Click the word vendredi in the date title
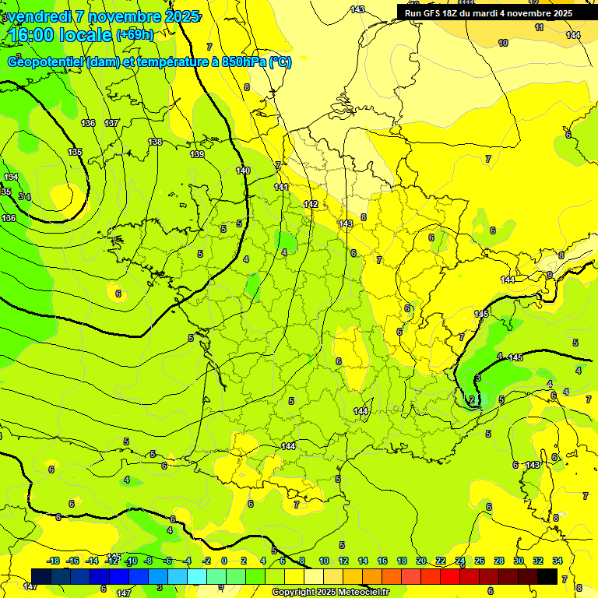[x=39, y=16]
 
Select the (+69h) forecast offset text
[x=135, y=35]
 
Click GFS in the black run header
[x=435, y=13]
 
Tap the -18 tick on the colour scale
[x=54, y=561]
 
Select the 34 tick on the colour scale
[x=558, y=561]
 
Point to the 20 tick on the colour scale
[x=421, y=561]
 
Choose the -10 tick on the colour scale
[x=131, y=561]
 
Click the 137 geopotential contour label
[x=111, y=123]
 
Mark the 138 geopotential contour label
[x=155, y=142]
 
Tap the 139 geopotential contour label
[x=197, y=155]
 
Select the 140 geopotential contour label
[x=243, y=171]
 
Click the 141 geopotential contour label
[x=281, y=188]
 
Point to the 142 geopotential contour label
[x=311, y=204]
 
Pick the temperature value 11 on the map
[x=539, y=27]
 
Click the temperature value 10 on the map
[x=503, y=43]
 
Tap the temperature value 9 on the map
[x=549, y=275]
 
